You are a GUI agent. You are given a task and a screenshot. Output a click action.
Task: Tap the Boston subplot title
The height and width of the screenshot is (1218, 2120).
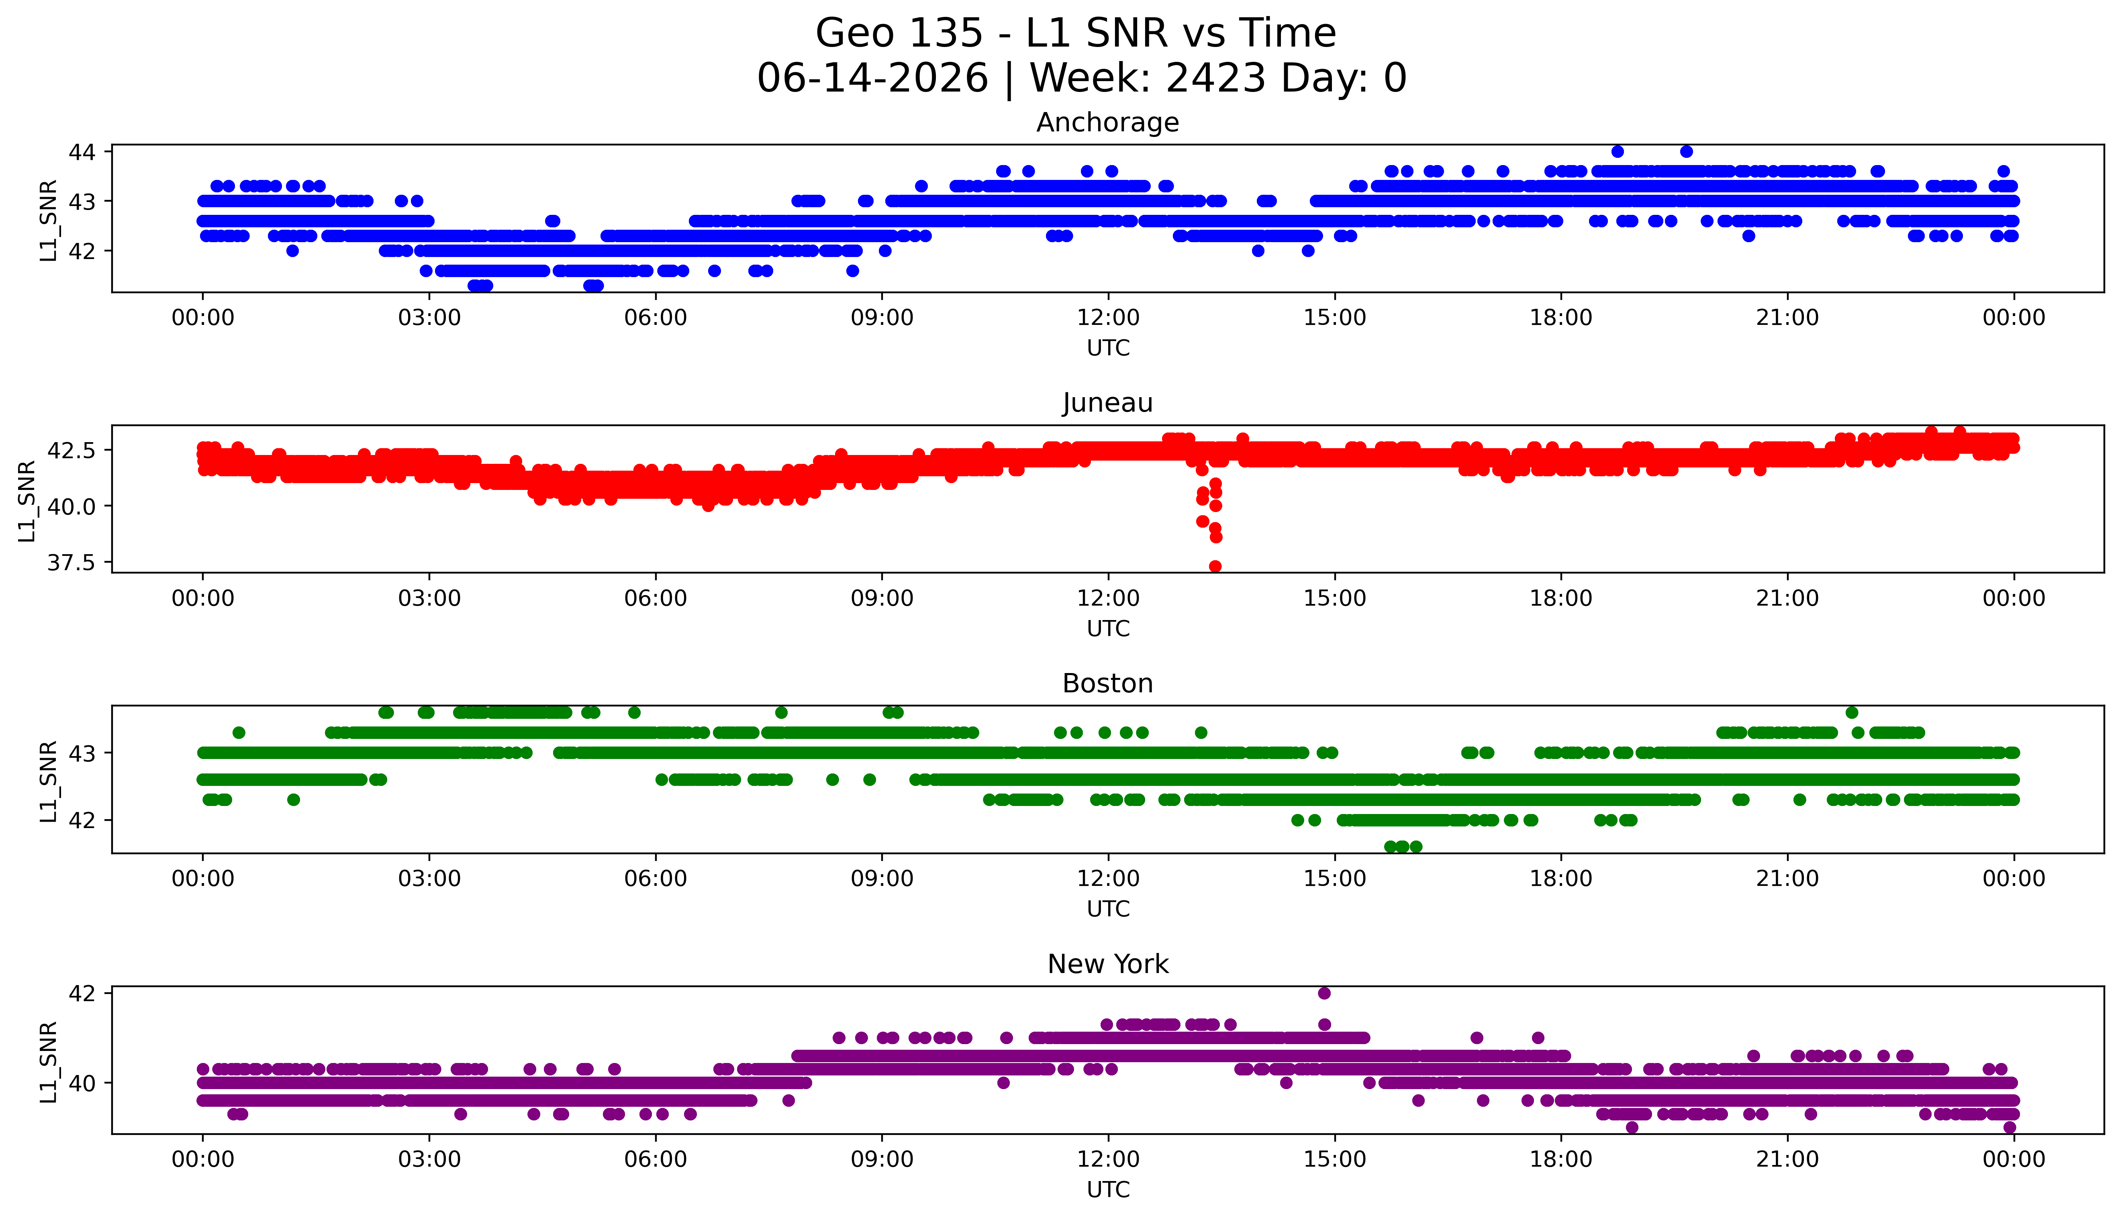coord(1108,683)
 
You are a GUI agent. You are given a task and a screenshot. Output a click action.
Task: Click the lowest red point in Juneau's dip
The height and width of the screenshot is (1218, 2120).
coord(1215,566)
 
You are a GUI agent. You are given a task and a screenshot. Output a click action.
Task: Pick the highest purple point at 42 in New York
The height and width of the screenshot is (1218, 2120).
coord(1323,993)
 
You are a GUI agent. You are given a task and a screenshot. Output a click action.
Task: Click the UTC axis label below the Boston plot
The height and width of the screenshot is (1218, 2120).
coord(1108,908)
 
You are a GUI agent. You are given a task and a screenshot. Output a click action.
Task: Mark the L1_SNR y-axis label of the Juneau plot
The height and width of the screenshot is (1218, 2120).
coord(28,500)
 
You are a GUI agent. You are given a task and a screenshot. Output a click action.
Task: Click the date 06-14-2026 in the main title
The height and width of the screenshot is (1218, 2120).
coord(872,78)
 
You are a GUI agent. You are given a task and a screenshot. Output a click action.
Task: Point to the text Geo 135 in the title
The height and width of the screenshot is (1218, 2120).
coord(899,33)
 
